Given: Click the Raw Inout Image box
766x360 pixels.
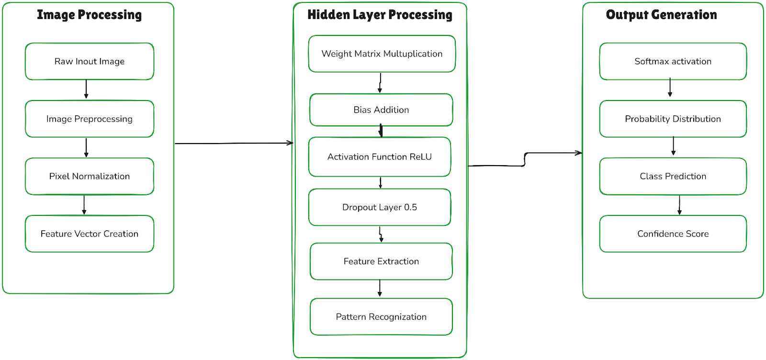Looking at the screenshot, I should (x=90, y=61).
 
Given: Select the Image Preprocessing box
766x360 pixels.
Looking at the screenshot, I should (x=90, y=119).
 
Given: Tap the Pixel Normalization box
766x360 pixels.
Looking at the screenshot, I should (x=90, y=176).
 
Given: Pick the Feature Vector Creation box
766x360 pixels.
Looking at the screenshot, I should (x=90, y=234).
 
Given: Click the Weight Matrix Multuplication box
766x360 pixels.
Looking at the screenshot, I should (x=382, y=54).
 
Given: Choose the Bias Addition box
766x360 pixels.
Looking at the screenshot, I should (x=381, y=110).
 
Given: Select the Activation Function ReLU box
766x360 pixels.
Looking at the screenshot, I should (x=380, y=157).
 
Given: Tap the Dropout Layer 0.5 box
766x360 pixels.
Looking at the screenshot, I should (x=380, y=207).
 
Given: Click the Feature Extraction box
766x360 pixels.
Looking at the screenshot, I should (x=381, y=261).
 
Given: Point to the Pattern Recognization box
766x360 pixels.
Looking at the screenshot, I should (x=381, y=317).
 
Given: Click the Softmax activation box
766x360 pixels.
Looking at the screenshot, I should (x=673, y=61).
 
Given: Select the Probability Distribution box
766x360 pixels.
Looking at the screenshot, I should (x=673, y=119).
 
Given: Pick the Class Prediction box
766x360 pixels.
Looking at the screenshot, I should (x=673, y=176).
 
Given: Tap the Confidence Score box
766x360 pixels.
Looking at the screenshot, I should (x=673, y=234).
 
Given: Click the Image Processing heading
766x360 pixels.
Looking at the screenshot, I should (x=90, y=15).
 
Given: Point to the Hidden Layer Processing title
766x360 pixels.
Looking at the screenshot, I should (x=380, y=15).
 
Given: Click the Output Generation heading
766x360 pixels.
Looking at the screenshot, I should (x=661, y=15).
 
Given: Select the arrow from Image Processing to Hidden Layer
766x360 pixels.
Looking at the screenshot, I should (x=234, y=143).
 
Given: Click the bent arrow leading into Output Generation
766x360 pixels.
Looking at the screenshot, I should (x=525, y=159).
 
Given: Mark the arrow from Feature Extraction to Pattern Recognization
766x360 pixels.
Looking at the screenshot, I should (x=380, y=288).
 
